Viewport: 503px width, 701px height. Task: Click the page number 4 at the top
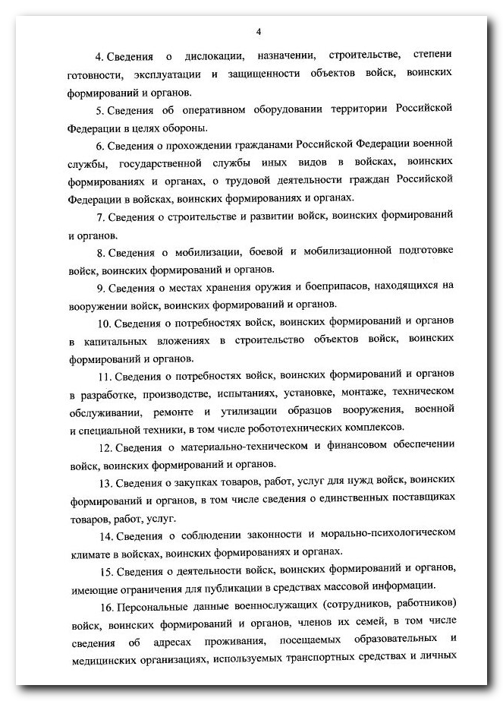click(259, 31)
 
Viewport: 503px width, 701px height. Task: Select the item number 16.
click(105, 606)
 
